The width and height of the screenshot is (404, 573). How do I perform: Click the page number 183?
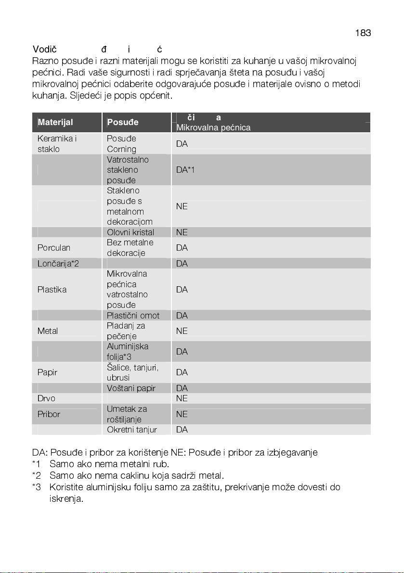(x=363, y=33)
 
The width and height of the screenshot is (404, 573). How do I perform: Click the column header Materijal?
(x=55, y=122)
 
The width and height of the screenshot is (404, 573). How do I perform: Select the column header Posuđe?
(x=123, y=122)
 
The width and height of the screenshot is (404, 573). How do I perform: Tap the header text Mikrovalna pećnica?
(x=213, y=127)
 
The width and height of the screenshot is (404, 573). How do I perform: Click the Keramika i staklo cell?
(x=57, y=144)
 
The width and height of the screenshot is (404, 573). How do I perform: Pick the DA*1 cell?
(x=185, y=170)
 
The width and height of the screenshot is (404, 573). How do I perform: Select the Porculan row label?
(x=54, y=248)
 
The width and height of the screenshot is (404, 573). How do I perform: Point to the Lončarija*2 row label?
(x=58, y=264)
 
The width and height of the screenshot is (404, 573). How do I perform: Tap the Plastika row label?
(x=52, y=290)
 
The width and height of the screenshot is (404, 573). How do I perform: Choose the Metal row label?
(x=48, y=331)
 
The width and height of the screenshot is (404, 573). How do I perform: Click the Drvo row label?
(x=46, y=398)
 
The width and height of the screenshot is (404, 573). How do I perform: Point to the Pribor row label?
(x=49, y=414)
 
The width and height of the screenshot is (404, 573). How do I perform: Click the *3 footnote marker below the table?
(x=37, y=487)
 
